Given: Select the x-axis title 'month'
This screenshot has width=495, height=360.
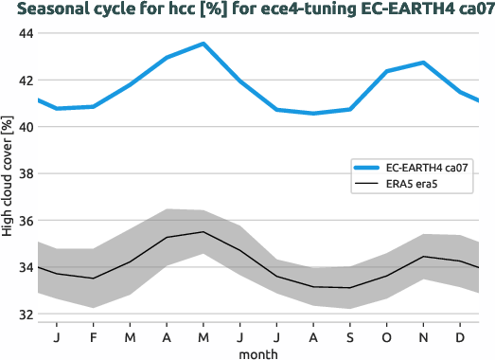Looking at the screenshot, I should [258, 352].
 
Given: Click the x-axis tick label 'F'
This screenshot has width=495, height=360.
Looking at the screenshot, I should [94, 336].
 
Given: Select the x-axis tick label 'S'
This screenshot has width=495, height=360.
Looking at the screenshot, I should [350, 336].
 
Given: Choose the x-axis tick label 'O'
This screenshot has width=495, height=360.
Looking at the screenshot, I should [387, 336].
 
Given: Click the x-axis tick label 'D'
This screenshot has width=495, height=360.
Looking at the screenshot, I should [460, 336].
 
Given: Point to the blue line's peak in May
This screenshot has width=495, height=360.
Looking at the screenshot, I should [203, 44].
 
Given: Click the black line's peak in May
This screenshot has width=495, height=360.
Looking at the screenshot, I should [203, 232].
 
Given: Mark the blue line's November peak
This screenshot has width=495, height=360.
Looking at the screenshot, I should [423, 63].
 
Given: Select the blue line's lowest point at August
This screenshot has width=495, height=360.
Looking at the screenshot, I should [313, 114].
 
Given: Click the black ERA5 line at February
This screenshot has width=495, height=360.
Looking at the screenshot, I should [93, 279].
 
